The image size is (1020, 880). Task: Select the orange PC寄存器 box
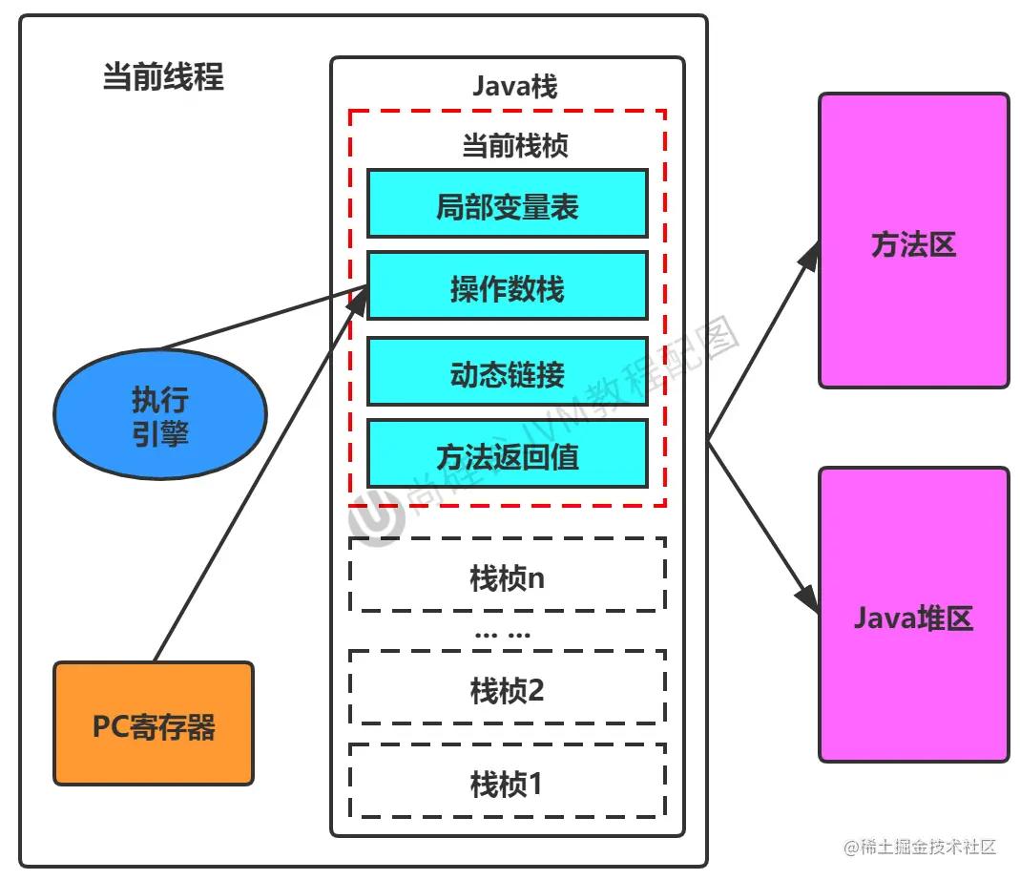[154, 723]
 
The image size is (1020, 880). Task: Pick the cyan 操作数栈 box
[508, 285]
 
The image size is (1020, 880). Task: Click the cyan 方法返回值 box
[508, 454]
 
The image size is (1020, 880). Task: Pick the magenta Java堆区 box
[913, 616]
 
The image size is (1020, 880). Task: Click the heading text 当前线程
[163, 77]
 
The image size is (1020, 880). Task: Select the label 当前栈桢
[514, 146]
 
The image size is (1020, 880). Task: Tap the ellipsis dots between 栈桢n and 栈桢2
[502, 633]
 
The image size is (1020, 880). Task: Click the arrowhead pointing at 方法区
[810, 254]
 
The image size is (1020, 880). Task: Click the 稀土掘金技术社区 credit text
[926, 846]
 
